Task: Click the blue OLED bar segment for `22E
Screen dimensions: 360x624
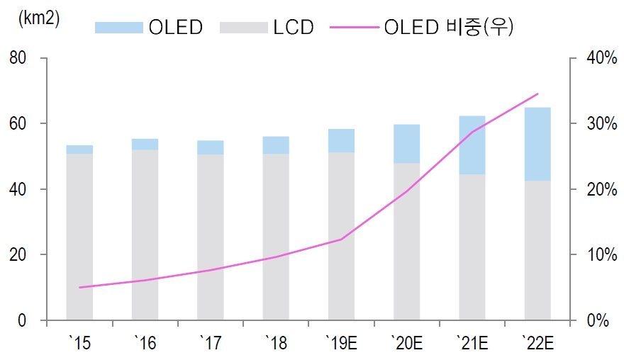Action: [x=537, y=144]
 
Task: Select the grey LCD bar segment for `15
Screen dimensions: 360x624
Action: [x=79, y=237]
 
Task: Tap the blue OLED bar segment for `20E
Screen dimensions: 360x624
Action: [x=406, y=144]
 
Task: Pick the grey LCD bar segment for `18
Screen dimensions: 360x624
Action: [x=276, y=237]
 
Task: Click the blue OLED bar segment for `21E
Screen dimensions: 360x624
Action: [x=472, y=145]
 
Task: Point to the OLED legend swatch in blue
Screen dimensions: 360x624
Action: [x=118, y=28]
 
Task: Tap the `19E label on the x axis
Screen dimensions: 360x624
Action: [x=341, y=344]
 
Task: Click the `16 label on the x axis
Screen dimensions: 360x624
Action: [x=145, y=344]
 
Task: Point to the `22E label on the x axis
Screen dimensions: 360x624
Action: [x=537, y=344]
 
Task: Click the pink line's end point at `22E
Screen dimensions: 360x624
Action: [x=538, y=94]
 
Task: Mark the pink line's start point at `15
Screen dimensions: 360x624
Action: [x=79, y=288]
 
